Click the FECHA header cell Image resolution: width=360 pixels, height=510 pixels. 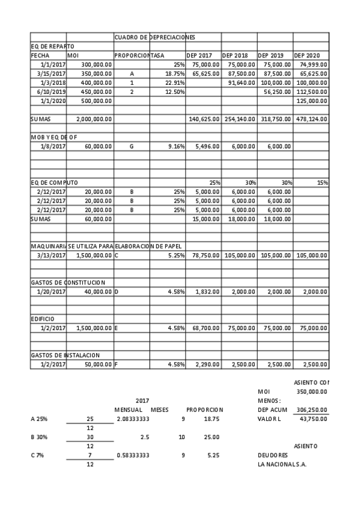pos(40,55)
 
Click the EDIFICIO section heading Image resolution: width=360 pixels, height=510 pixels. pos(43,319)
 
